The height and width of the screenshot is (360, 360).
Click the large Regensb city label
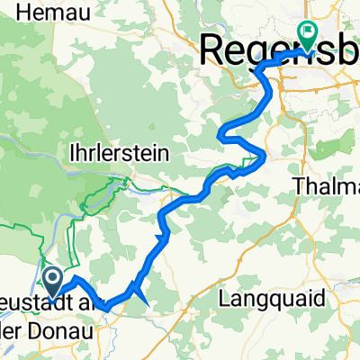click(x=279, y=49)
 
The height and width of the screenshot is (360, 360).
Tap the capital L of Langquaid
click(x=227, y=319)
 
